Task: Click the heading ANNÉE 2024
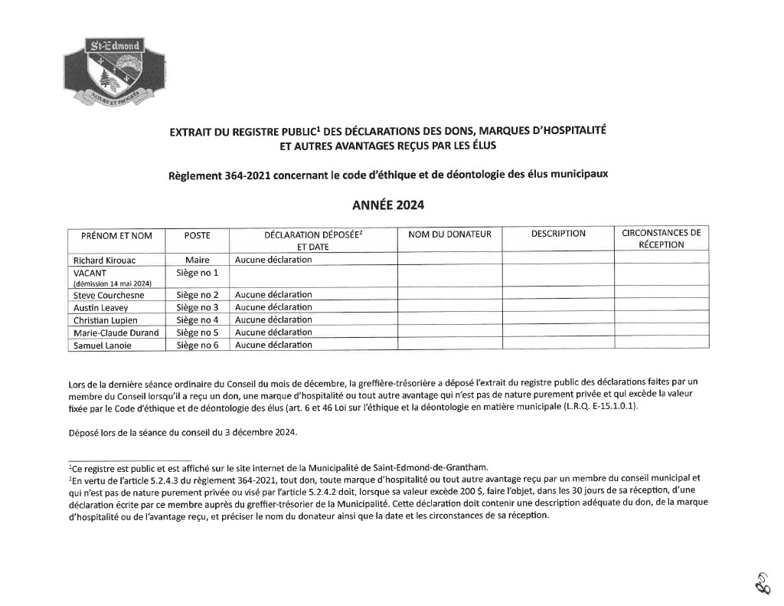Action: click(x=387, y=205)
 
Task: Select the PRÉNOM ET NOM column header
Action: click(x=116, y=235)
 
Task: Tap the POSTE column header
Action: click(x=197, y=235)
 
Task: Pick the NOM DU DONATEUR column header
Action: click(x=449, y=234)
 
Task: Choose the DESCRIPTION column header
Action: click(x=558, y=234)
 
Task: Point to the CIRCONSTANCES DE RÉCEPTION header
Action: click(x=661, y=238)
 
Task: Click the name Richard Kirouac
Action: click(x=104, y=260)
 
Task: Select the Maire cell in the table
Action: click(x=197, y=260)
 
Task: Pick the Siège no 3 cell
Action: click(x=197, y=307)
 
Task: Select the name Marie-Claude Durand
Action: click(x=116, y=332)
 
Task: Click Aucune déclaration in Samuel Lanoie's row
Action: click(x=273, y=345)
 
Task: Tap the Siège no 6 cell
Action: click(x=197, y=345)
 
